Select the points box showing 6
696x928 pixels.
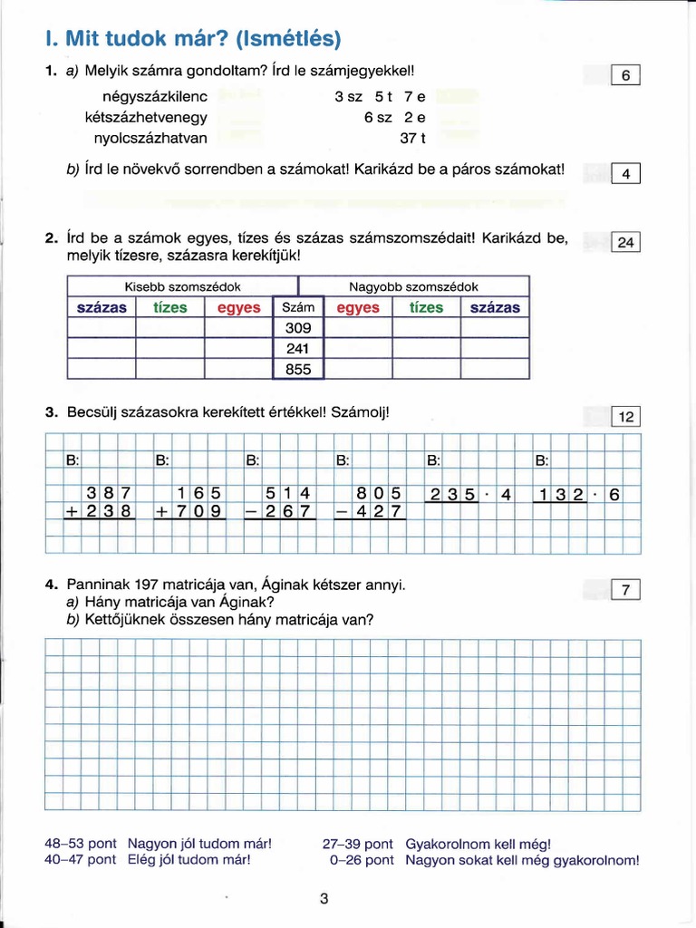coord(626,76)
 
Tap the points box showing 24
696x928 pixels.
coord(626,242)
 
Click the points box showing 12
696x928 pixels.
coord(626,416)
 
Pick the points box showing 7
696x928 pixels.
coord(626,591)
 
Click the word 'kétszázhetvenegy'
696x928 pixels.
coord(159,117)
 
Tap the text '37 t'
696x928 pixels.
coord(412,139)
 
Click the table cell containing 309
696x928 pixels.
coord(298,328)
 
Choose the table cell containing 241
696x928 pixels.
coord(298,349)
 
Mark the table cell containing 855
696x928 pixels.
coord(298,370)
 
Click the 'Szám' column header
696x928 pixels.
coord(298,307)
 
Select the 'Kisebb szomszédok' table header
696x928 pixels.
coord(182,286)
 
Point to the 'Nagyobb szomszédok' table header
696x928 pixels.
coord(414,286)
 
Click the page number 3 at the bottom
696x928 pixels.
coord(324,899)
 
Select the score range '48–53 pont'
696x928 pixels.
coord(80,843)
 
